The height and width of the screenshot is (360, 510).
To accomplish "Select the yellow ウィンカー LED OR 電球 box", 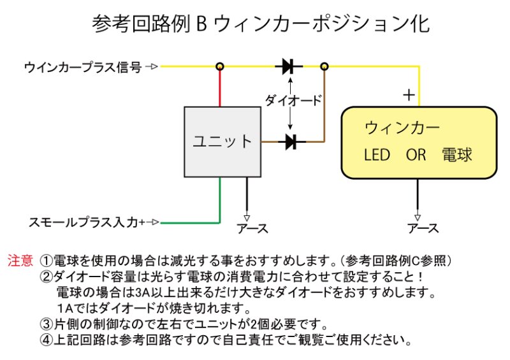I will coord(419,142).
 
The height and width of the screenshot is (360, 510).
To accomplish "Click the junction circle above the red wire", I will coord(221,66).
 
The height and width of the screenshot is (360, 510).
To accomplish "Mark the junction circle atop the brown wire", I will coord(324,66).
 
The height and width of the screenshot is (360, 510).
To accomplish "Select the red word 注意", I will coord(20,261).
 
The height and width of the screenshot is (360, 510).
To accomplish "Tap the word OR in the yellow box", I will coord(416,155).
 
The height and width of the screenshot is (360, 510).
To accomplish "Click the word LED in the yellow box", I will coord(377,155).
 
